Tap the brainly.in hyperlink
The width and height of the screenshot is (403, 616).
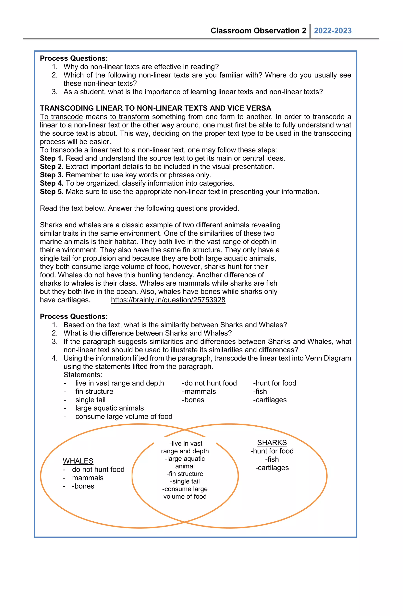click(168, 300)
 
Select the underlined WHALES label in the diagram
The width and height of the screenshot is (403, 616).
click(78, 461)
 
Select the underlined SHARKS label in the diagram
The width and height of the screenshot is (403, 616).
click(272, 443)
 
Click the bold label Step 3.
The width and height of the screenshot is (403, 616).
click(52, 175)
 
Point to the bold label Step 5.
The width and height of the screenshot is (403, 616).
click(52, 192)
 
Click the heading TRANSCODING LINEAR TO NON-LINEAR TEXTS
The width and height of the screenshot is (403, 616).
click(155, 108)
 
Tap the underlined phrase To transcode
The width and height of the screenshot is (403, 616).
click(61, 117)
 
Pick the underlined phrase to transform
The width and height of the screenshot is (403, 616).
click(129, 117)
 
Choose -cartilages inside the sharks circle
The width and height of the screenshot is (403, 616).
click(272, 468)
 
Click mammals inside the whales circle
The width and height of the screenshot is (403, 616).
click(88, 478)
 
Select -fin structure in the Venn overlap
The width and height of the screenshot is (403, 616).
click(185, 474)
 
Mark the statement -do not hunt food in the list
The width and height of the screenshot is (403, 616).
click(209, 383)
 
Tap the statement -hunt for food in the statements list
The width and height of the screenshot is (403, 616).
click(275, 383)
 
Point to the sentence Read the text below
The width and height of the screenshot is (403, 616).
click(139, 208)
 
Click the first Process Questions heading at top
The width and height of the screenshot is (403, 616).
click(74, 58)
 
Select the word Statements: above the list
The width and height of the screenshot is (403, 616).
click(83, 375)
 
